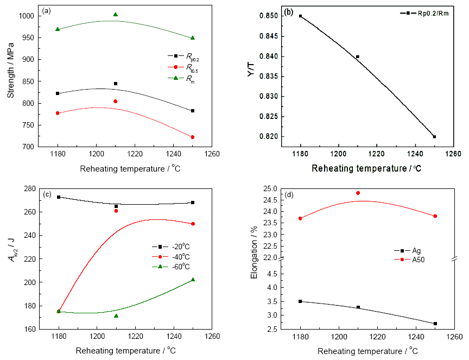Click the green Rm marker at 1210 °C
coord(116,15)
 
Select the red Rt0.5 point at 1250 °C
coord(193,137)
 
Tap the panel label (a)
coord(47,11)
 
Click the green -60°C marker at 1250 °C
coord(193,280)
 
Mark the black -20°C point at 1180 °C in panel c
coord(58,197)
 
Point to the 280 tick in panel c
coord(30,188)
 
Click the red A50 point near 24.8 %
coord(358,193)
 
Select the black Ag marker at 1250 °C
coord(435,324)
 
